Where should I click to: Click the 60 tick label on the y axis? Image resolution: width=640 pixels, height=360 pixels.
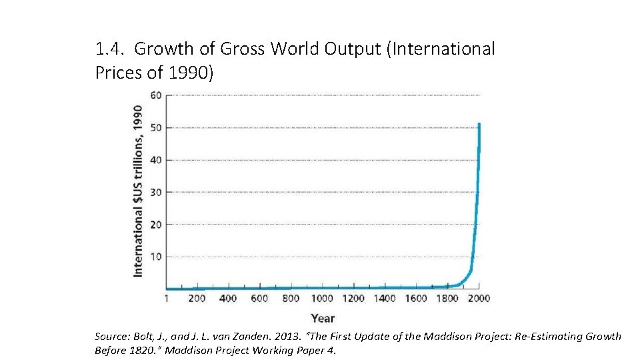pyautogui.click(x=155, y=95)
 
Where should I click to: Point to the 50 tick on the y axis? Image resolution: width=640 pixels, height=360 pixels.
pyautogui.click(x=155, y=127)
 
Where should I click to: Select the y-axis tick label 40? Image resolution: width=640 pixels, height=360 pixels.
pyautogui.click(x=155, y=160)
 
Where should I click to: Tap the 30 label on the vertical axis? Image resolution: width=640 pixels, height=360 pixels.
pyautogui.click(x=155, y=192)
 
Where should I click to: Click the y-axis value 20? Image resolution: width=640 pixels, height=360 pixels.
pyautogui.click(x=155, y=225)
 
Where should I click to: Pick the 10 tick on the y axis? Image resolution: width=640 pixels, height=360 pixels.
pyautogui.click(x=155, y=257)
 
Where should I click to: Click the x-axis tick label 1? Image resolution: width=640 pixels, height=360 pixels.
pyautogui.click(x=167, y=299)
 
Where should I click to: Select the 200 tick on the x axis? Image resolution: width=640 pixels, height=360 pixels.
pyautogui.click(x=197, y=299)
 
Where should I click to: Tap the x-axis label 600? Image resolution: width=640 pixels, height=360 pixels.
pyautogui.click(x=259, y=299)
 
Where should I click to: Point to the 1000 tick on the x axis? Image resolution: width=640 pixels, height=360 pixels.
pyautogui.click(x=322, y=299)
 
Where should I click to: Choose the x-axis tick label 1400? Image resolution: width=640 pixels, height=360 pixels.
pyautogui.click(x=385, y=299)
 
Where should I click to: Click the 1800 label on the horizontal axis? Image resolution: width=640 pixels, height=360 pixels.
pyautogui.click(x=447, y=299)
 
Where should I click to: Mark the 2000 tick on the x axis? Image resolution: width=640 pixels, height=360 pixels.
pyautogui.click(x=479, y=299)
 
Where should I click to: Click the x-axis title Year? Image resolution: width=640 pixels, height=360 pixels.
pyautogui.click(x=323, y=318)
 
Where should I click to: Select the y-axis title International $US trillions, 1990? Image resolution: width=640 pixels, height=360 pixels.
pyautogui.click(x=138, y=190)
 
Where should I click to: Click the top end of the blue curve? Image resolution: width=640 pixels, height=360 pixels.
pyautogui.click(x=479, y=124)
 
